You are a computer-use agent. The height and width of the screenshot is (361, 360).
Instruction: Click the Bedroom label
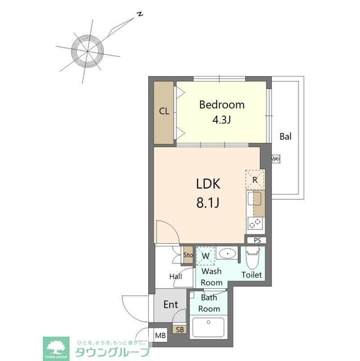point(222,104)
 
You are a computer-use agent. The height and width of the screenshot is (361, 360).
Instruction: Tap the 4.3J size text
point(222,120)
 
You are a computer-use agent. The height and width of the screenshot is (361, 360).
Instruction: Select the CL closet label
point(164,111)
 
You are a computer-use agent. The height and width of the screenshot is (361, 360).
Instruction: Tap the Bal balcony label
point(286,136)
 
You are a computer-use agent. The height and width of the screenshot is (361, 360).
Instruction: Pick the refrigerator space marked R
point(255,180)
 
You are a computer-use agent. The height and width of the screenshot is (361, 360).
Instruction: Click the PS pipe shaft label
point(257,240)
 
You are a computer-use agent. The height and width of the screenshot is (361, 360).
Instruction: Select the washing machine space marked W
point(206,256)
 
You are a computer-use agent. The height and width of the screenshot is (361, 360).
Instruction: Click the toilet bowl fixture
point(252,259)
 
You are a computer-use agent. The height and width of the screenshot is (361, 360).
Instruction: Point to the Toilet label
point(252,275)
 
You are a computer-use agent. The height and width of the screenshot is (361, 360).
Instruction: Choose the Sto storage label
point(188,255)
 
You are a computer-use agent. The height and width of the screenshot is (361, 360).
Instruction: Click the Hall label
point(175,276)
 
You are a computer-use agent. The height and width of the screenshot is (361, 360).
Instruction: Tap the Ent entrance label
point(171,305)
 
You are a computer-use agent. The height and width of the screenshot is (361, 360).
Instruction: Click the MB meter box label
point(161,336)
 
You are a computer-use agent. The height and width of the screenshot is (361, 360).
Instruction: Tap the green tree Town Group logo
point(57,345)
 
